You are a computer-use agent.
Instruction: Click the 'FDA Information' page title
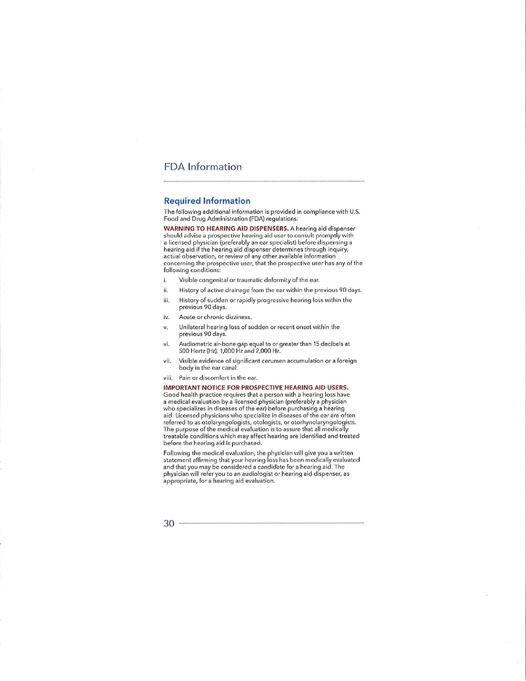[x=202, y=167]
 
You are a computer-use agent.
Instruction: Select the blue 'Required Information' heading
[x=207, y=201]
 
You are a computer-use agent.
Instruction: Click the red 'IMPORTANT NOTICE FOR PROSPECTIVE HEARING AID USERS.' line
[x=256, y=387]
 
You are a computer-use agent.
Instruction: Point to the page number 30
[x=169, y=523]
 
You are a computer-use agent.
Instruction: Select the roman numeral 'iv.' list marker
[x=166, y=317]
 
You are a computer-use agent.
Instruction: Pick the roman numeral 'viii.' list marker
[x=168, y=378]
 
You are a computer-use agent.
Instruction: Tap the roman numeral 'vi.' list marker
[x=166, y=344]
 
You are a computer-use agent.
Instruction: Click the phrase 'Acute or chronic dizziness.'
[x=215, y=317]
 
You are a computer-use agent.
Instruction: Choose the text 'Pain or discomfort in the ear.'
[x=218, y=378]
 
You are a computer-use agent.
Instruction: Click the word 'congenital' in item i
[x=211, y=280]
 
